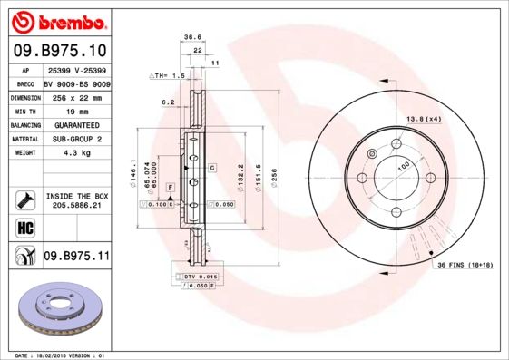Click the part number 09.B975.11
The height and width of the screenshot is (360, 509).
pos(76,258)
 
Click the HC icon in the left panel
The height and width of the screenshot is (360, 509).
pos(24,227)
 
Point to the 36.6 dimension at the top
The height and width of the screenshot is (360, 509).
pos(192,38)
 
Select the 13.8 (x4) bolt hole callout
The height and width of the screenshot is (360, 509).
pos(423,119)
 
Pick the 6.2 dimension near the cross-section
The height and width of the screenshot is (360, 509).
pos(168,102)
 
